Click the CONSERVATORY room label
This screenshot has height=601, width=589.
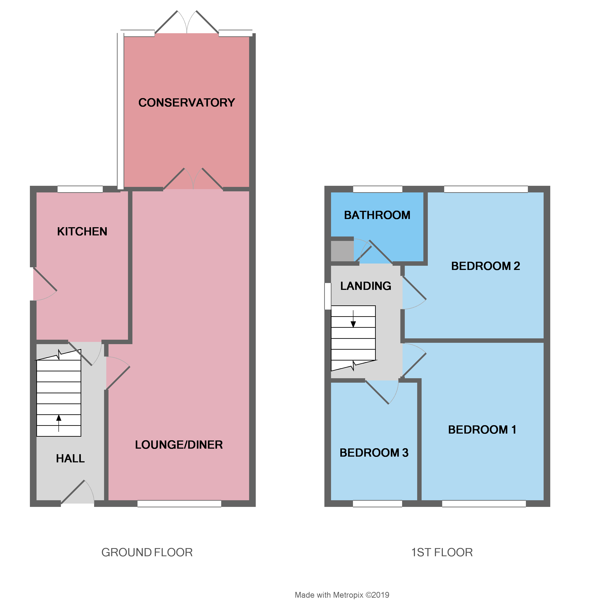pos(186,102)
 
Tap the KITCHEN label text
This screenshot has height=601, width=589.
pos(82,231)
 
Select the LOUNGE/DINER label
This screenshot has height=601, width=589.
pos(179,444)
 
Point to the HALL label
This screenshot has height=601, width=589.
pos(70,458)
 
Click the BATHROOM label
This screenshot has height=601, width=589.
pos(377,215)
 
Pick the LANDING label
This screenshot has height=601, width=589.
pos(366,286)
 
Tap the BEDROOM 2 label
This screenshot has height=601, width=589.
pos(485,266)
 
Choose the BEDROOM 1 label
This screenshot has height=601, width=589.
pos(482,430)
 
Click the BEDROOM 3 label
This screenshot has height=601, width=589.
pos(374,453)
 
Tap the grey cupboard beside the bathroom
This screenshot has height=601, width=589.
pos(342,251)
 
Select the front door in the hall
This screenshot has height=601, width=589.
pos(77,493)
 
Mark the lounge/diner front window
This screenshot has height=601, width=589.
pos(179,504)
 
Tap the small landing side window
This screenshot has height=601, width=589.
pos(327,296)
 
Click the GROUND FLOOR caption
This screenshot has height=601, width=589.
pos(147,552)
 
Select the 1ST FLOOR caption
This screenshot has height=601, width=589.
pos(442,552)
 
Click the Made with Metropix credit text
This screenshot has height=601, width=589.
pos(342,595)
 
